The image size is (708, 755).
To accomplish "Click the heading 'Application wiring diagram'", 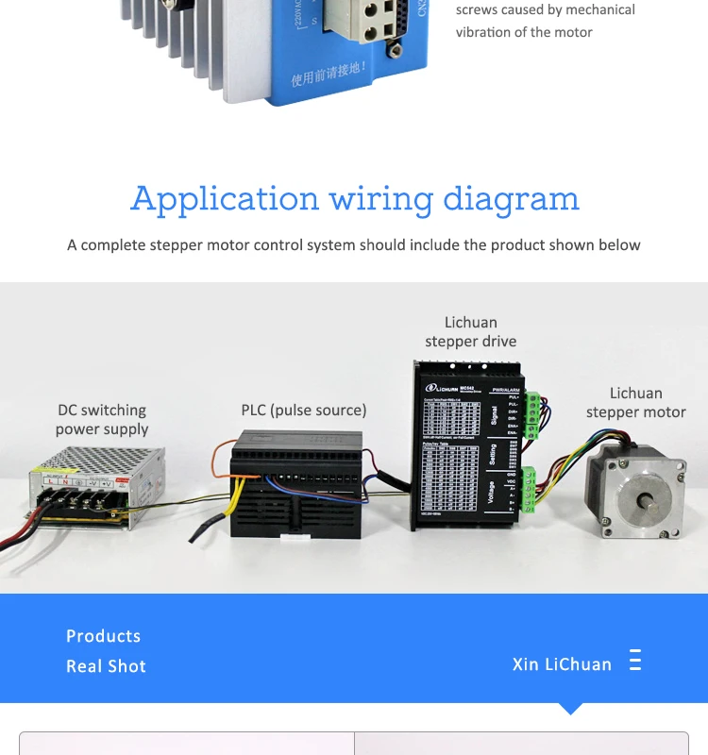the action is pyautogui.click(x=354, y=199).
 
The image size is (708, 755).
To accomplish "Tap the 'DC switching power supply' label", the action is pyautogui.click(x=101, y=420).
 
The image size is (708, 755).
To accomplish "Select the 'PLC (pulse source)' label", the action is pyautogui.click(x=303, y=410).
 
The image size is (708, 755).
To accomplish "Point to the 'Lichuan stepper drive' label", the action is pyautogui.click(x=470, y=332).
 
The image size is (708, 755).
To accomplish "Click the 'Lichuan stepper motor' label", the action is pyautogui.click(x=635, y=403).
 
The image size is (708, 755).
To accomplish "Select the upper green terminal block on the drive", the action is pyautogui.click(x=531, y=415).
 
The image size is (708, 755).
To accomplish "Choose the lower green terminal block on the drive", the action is pyautogui.click(x=528, y=489).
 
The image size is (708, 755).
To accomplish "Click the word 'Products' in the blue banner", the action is pyautogui.click(x=103, y=636).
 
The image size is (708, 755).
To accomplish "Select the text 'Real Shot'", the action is pyautogui.click(x=106, y=666).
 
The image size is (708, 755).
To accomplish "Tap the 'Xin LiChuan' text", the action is pyautogui.click(x=562, y=664).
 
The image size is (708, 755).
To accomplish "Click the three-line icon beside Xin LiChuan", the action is pyautogui.click(x=635, y=661).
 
